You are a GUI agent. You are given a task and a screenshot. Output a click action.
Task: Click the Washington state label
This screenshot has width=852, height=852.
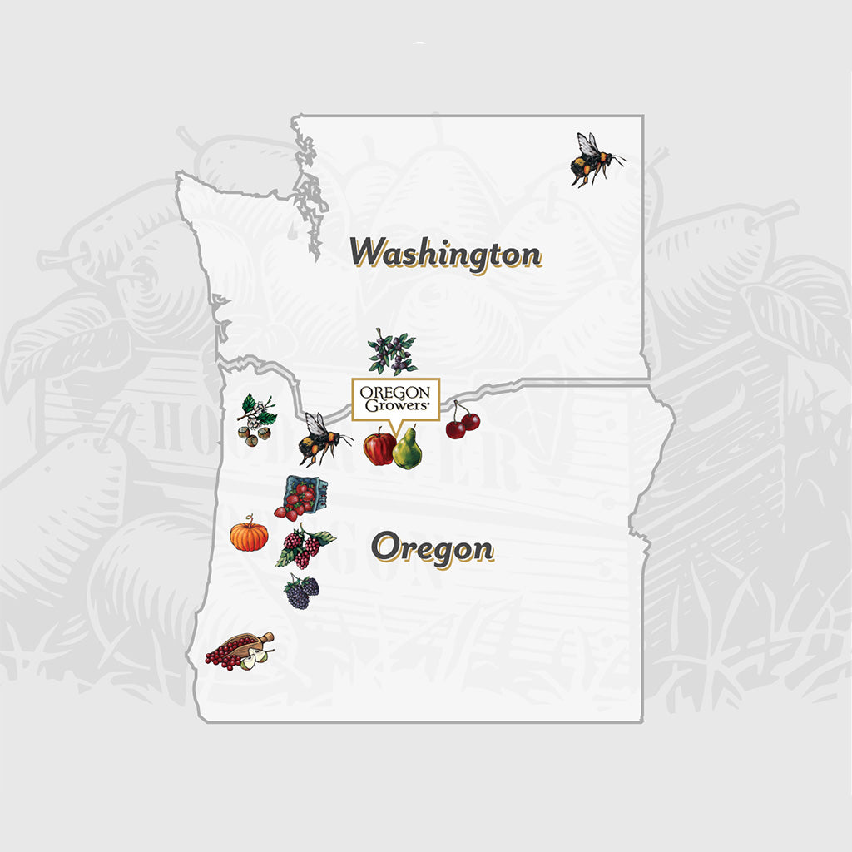[x=445, y=252]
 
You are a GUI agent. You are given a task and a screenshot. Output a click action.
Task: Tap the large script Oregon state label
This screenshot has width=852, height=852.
[x=432, y=549]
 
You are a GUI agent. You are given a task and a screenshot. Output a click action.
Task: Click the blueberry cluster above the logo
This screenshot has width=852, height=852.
[x=392, y=351]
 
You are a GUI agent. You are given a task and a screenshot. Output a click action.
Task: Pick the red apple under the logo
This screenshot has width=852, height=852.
[x=379, y=448]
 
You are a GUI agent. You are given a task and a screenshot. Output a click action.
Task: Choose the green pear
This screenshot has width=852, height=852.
[x=408, y=449]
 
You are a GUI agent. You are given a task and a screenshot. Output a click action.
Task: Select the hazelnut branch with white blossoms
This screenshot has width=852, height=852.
[x=256, y=420]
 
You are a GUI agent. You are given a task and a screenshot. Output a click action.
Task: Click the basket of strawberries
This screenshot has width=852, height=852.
[x=296, y=497]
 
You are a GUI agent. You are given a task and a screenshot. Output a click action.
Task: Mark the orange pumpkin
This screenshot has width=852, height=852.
[x=250, y=535]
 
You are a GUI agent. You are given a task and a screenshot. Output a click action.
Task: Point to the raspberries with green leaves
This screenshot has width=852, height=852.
[x=305, y=546]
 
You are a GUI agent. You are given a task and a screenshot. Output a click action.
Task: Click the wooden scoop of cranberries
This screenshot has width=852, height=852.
[x=240, y=648]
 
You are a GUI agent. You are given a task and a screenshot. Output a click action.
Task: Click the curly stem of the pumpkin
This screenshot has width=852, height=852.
[x=249, y=518]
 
